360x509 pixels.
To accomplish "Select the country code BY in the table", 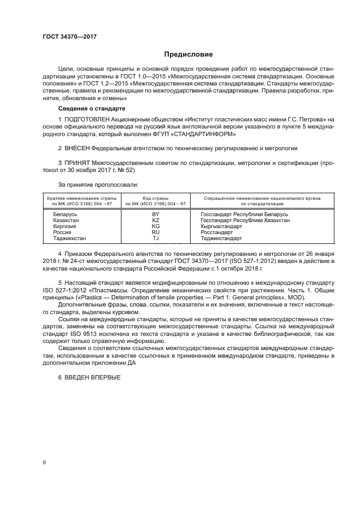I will pos(155,214).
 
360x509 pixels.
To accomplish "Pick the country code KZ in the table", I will pos(155,220).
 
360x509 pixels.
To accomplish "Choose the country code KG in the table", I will pos(155,226).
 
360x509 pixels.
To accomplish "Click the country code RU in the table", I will pos(155,232).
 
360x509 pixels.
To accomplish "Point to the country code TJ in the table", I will pos(155,238).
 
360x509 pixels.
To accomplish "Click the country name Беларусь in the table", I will pos(65,214).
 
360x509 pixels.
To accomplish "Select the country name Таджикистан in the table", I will pos(70,238).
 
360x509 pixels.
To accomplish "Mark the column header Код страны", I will pos(155,199).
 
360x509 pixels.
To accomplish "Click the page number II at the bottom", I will pos(45,462).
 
